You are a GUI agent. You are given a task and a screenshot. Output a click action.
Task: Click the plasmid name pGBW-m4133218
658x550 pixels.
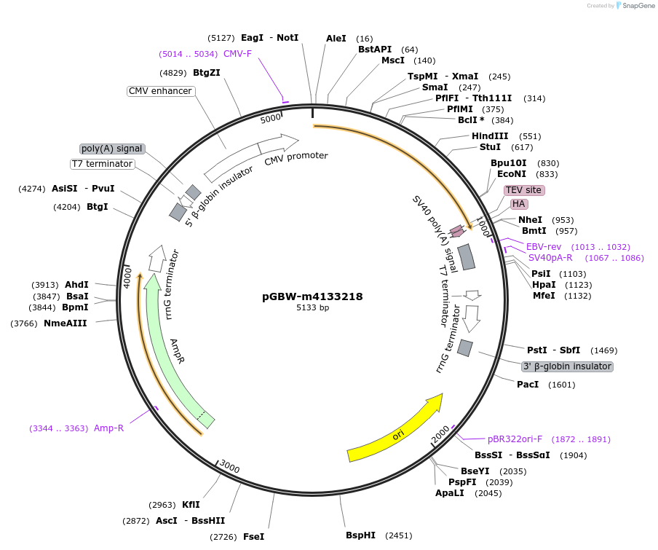(x=312, y=296)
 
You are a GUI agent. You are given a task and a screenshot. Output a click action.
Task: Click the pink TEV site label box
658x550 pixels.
(x=523, y=190)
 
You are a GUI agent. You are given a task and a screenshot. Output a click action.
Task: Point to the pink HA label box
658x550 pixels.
(x=519, y=204)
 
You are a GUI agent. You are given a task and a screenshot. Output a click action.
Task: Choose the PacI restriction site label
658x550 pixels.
(x=528, y=385)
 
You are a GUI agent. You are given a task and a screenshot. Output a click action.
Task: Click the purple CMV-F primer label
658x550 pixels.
(x=237, y=54)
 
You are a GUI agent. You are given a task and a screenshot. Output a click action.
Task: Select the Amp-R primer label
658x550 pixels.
(x=108, y=428)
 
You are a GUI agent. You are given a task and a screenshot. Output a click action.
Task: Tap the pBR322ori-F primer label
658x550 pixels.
(x=515, y=439)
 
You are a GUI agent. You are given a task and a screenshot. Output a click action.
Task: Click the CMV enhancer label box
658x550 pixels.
(x=160, y=91)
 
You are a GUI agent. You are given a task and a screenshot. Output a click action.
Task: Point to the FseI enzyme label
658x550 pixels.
(x=253, y=537)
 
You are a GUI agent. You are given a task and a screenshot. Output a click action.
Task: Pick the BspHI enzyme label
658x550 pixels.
(x=360, y=535)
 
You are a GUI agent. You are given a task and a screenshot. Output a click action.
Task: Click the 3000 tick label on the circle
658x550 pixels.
(x=230, y=467)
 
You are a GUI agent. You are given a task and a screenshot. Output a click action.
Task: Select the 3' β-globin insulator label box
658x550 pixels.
(x=568, y=366)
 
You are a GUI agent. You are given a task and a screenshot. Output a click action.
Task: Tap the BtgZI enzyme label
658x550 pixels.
(x=207, y=73)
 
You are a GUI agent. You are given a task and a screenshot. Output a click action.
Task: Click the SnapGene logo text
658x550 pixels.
(x=635, y=6)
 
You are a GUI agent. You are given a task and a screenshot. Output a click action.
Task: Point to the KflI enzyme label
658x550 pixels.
(x=191, y=505)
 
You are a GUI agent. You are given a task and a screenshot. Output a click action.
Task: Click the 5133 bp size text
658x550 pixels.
(x=312, y=308)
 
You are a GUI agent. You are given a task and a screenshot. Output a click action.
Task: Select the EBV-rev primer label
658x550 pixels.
(x=544, y=247)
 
